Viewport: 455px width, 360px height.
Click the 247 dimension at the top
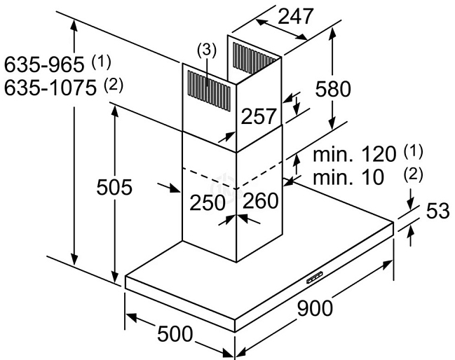coord(296,16)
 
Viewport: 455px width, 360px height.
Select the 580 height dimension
coord(333,89)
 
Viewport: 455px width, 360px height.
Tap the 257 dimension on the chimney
coord(258,116)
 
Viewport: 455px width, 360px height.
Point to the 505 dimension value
coord(114,187)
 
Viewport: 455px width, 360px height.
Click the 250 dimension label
coord(208,202)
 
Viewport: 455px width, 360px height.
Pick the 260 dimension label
coord(260,200)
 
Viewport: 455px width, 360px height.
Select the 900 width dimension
coord(315,308)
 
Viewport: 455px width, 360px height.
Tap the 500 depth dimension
coord(175,333)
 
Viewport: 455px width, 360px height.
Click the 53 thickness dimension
coord(438,210)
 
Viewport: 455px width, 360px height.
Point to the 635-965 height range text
coord(44,64)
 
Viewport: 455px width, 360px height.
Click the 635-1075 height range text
coord(50,88)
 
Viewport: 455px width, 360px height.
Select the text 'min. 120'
coord(355,154)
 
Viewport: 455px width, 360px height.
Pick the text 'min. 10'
coord(348,177)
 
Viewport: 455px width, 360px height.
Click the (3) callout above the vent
coord(207,50)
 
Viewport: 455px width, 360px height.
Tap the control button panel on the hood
coord(315,277)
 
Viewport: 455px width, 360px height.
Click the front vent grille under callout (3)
coord(209,90)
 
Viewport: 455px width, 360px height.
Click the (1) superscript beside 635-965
coord(101,62)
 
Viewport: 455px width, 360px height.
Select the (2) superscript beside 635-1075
coord(114,85)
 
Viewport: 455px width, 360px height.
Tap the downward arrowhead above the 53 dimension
coord(410,205)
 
